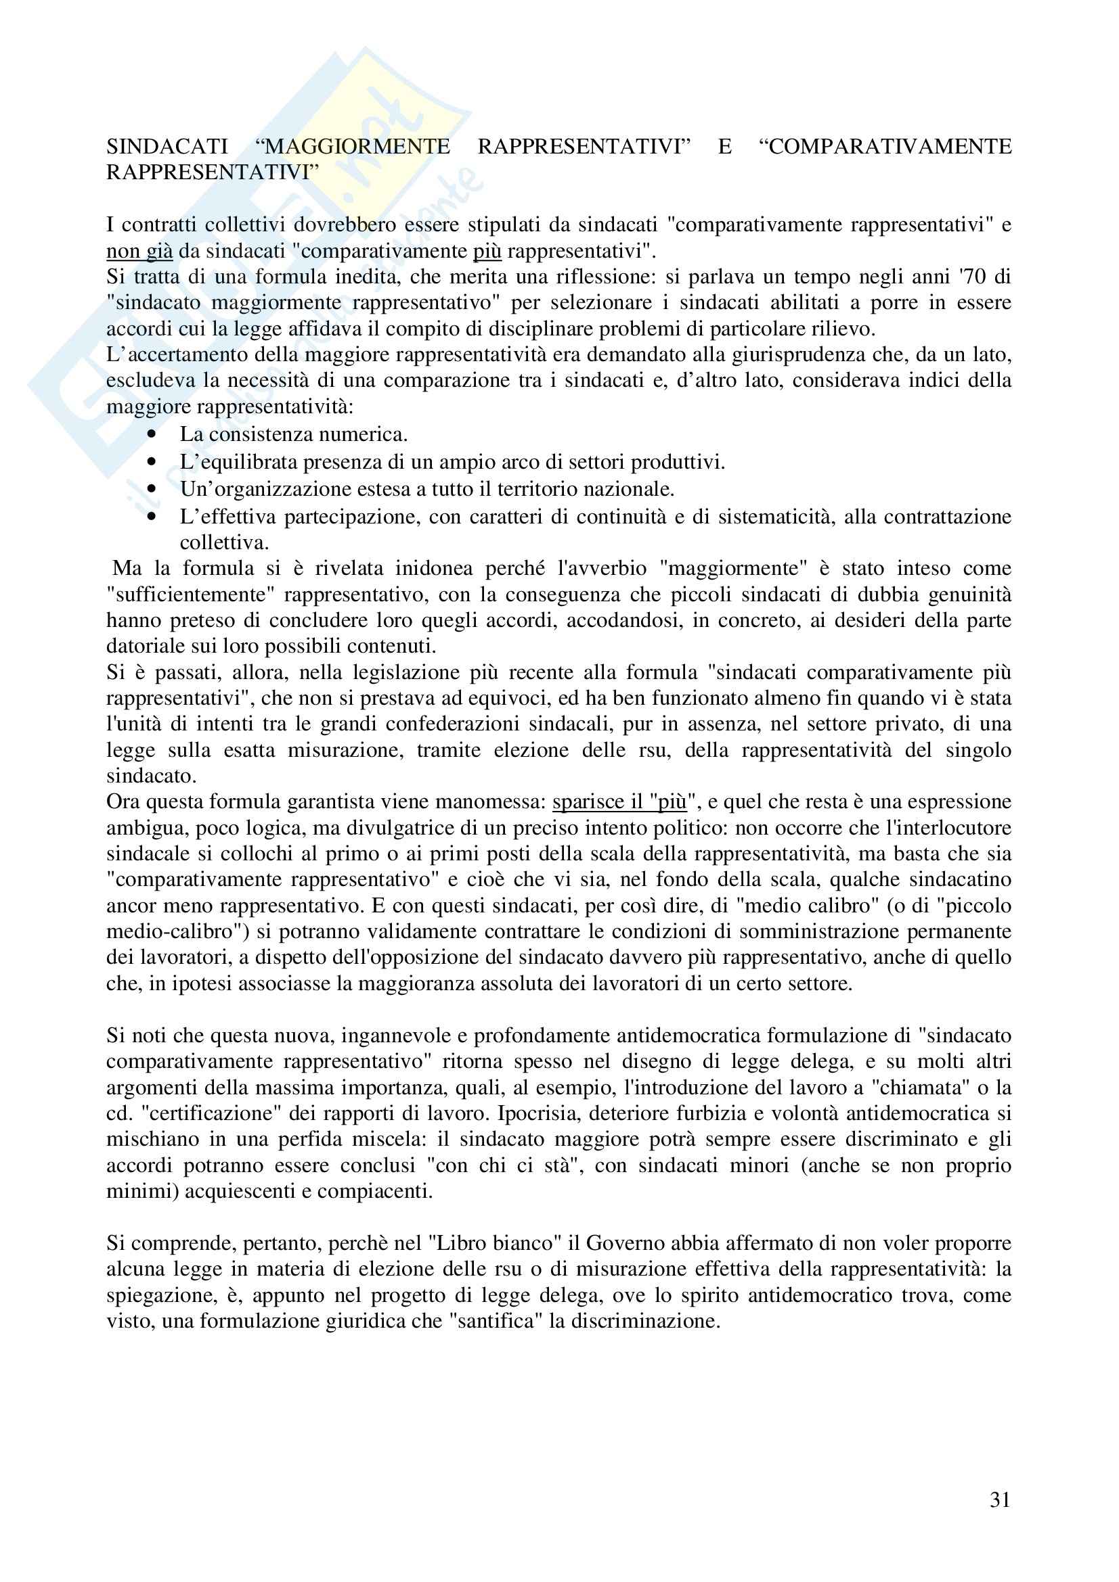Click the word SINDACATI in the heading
point(167,147)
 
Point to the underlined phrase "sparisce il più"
point(620,802)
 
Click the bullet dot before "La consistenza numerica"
point(152,435)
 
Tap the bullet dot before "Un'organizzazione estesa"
point(152,489)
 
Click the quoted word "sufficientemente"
point(190,595)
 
